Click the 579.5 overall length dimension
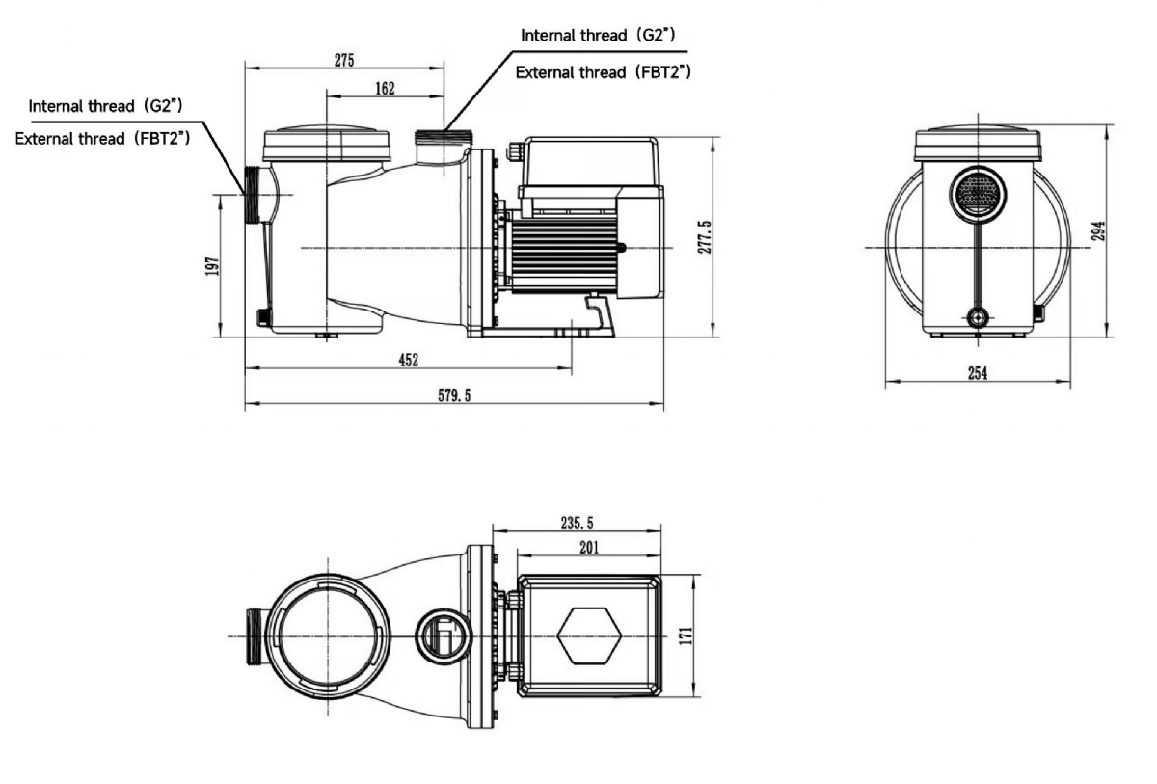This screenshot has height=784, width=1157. (x=454, y=394)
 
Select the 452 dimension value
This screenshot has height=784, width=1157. (x=409, y=360)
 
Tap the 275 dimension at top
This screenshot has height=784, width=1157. (x=343, y=59)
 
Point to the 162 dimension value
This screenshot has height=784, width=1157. (x=384, y=88)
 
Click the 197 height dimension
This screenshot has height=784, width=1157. (x=212, y=265)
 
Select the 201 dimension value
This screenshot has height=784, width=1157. (x=589, y=547)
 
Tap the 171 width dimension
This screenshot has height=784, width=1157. (x=686, y=636)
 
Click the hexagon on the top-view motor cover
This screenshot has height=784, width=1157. (x=588, y=636)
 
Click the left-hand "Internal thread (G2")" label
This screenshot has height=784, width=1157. (x=106, y=105)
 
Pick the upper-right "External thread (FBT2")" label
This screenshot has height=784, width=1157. (x=604, y=72)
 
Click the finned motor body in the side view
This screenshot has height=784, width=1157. (x=565, y=253)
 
